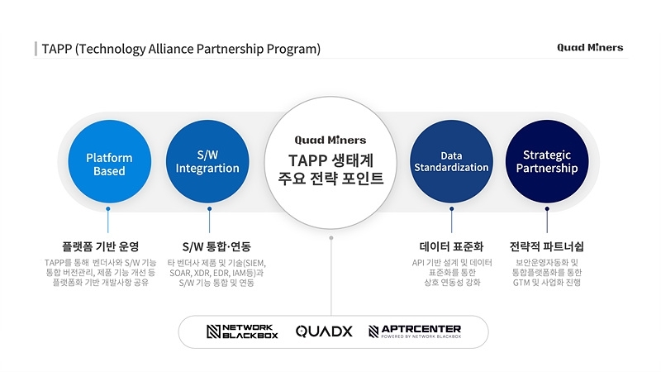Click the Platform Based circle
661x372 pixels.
pyautogui.click(x=110, y=161)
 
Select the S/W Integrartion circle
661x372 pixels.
pyautogui.click(x=207, y=161)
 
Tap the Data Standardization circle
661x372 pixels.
pyautogui.click(x=451, y=161)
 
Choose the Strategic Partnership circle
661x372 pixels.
pyautogui.click(x=547, y=161)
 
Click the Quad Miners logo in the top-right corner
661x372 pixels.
pyautogui.click(x=590, y=48)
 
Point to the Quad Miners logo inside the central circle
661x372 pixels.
pyautogui.click(x=330, y=140)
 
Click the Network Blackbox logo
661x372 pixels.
pyautogui.click(x=242, y=331)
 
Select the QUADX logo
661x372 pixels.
pyautogui.click(x=324, y=331)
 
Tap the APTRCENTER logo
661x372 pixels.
pyautogui.click(x=415, y=331)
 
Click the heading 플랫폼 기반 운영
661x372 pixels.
pyautogui.click(x=100, y=246)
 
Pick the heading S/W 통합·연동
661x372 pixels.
pyautogui.click(x=216, y=246)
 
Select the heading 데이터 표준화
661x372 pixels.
pyautogui.click(x=451, y=246)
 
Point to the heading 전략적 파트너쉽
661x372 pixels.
pyautogui.click(x=547, y=246)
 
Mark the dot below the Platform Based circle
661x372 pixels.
pyautogui.click(x=108, y=209)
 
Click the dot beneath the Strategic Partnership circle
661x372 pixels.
pyautogui.click(x=547, y=209)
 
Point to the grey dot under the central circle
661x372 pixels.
pyautogui.click(x=331, y=238)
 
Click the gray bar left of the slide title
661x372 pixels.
pyautogui.click(x=36, y=49)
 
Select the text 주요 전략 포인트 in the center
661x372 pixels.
pyautogui.click(x=331, y=179)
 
